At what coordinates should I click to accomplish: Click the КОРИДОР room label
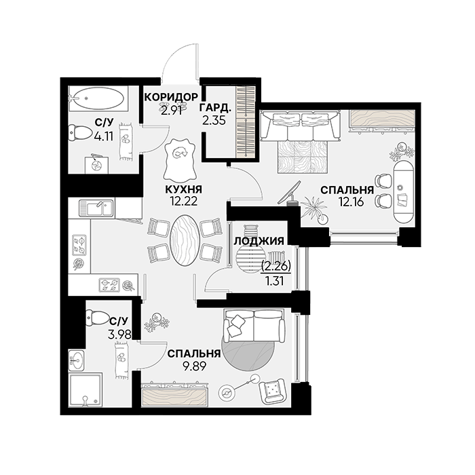(x=171, y=97)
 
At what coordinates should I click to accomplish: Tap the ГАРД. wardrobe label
(x=215, y=108)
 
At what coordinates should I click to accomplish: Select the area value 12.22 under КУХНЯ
(x=184, y=202)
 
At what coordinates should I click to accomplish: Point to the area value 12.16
(x=351, y=202)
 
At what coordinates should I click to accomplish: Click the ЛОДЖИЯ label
(x=259, y=241)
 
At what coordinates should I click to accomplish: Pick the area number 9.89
(x=194, y=366)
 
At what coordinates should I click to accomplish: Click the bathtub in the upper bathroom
(x=96, y=98)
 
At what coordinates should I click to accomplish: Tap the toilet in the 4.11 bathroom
(x=80, y=133)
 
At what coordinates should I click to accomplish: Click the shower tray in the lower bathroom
(x=85, y=390)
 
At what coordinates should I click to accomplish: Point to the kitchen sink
(x=96, y=208)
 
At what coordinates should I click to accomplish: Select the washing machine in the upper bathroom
(x=96, y=164)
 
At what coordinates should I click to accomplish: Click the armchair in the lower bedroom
(x=272, y=391)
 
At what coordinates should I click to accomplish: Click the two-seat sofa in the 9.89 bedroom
(x=254, y=326)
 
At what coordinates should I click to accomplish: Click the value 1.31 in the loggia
(x=274, y=282)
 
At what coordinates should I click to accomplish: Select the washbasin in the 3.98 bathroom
(x=77, y=360)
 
